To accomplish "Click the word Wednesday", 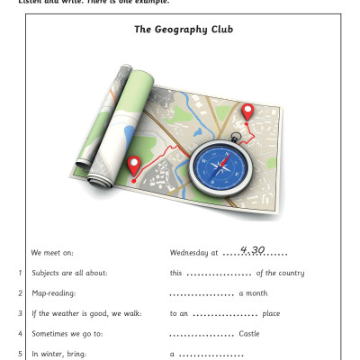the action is [x=189, y=253].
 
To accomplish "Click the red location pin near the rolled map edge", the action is [x=134, y=166].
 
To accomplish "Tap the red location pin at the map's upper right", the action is [x=249, y=112].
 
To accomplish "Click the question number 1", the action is [x=20, y=273].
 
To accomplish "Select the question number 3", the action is [x=20, y=313].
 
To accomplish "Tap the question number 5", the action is [x=20, y=355].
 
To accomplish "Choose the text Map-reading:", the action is [x=54, y=293].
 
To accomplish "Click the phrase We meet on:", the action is [x=51, y=253].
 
